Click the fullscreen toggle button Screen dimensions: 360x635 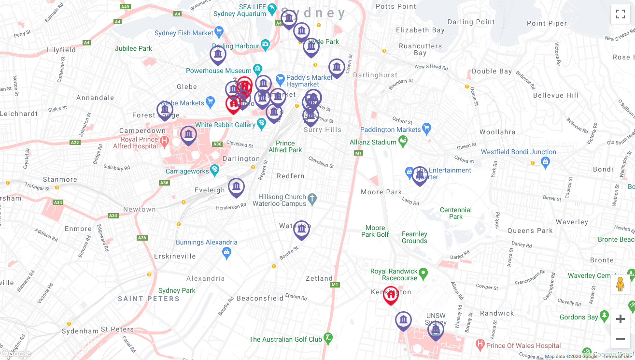621,14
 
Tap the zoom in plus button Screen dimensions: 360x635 621,319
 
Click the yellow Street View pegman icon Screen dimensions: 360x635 621,284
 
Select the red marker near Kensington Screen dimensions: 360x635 391,295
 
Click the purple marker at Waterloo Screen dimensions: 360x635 301,230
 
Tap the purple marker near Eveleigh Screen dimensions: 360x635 236,187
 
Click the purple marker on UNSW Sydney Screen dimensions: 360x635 436,331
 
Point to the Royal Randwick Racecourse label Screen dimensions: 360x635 394,274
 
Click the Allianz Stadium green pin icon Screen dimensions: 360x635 403,142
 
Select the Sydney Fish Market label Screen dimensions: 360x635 183,33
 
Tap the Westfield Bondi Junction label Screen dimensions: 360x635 518,152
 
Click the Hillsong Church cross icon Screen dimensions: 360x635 312,198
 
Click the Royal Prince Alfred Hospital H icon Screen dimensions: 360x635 164,142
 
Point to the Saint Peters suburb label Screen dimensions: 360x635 148,299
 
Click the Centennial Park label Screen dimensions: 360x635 455,213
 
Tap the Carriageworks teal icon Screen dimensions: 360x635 215,170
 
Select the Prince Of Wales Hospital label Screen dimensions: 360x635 523,346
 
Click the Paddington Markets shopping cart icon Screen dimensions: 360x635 426,129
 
